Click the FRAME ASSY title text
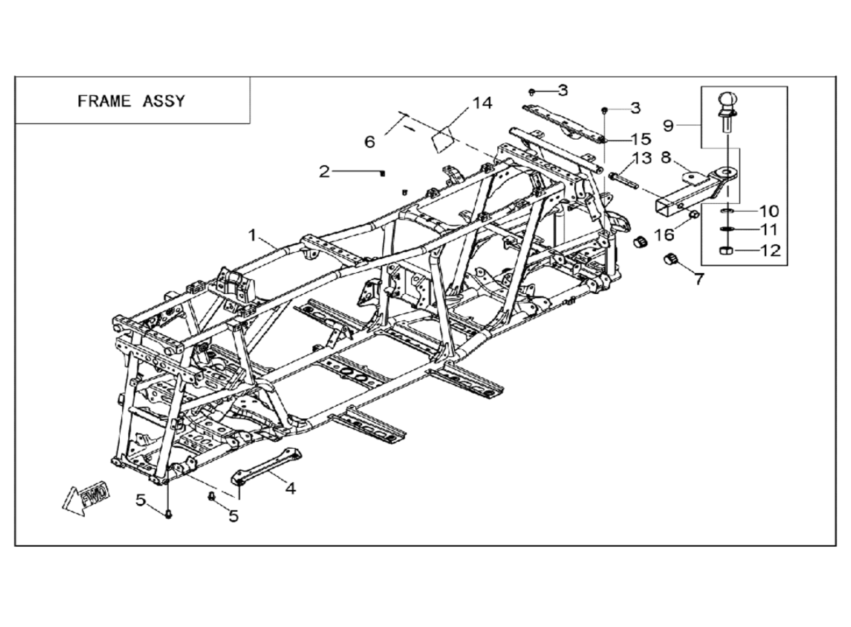pyautogui.click(x=131, y=101)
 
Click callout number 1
pyautogui.click(x=253, y=235)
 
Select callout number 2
pyautogui.click(x=324, y=172)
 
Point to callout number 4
pyautogui.click(x=291, y=488)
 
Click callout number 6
pyautogui.click(x=369, y=142)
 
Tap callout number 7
pyautogui.click(x=699, y=279)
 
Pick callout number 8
pyautogui.click(x=666, y=158)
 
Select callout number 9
pyautogui.click(x=668, y=126)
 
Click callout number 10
pyautogui.click(x=769, y=211)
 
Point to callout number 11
pyautogui.click(x=769, y=230)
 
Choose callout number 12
pyautogui.click(x=770, y=250)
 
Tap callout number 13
pyautogui.click(x=642, y=158)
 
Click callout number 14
pyautogui.click(x=482, y=103)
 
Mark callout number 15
pyautogui.click(x=641, y=139)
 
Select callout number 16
pyautogui.click(x=664, y=234)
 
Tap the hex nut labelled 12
pyautogui.click(x=726, y=250)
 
